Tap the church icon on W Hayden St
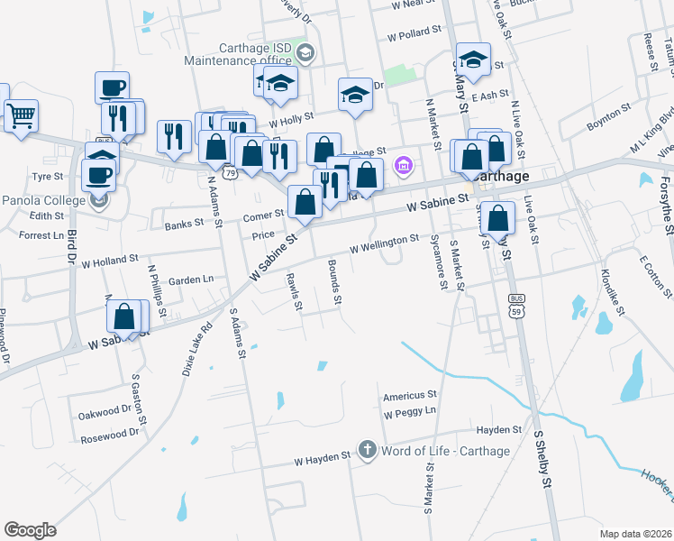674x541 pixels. pos(367,449)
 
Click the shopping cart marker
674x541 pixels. pos(21,115)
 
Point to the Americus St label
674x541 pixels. pos(409,395)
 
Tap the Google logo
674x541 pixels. pos(30,530)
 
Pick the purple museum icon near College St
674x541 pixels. pos(404,165)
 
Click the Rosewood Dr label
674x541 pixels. pos(109,432)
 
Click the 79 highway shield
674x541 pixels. pos(231,172)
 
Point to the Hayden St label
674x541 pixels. pos(500,430)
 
